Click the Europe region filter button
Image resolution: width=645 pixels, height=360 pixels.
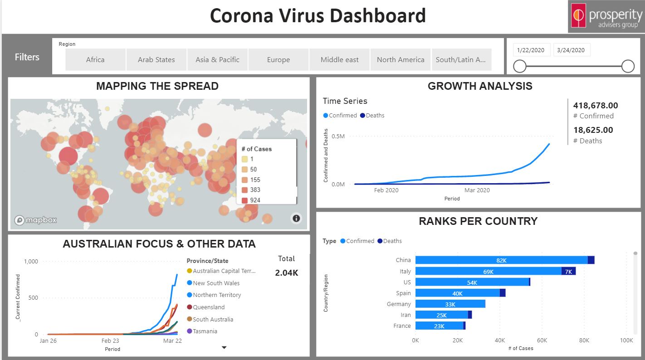point(279,59)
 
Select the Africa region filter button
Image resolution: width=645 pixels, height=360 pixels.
point(95,59)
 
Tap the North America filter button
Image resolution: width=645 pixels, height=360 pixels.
point(401,59)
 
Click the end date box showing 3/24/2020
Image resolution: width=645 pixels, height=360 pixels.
point(572,50)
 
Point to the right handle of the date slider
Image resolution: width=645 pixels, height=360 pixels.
point(628,66)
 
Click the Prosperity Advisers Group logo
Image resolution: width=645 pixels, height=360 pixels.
point(606,17)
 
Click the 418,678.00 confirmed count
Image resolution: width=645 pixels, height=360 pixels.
point(595,106)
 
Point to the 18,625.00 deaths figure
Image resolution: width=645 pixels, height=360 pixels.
point(593,130)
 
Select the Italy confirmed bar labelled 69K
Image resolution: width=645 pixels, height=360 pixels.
point(488,271)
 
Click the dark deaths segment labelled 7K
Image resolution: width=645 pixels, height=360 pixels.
point(568,271)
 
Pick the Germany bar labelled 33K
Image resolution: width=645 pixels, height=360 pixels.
point(450,304)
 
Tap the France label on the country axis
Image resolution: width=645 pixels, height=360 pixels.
point(402,326)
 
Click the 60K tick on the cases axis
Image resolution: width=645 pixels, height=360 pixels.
point(542,340)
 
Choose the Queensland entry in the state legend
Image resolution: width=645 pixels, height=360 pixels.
point(208,307)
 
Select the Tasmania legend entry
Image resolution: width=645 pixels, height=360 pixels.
point(205,331)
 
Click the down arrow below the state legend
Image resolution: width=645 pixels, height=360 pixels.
point(224,347)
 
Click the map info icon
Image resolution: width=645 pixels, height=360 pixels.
point(296,219)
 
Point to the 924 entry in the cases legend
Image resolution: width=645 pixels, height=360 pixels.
point(255,200)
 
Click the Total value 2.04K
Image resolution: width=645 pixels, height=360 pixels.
point(286,273)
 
